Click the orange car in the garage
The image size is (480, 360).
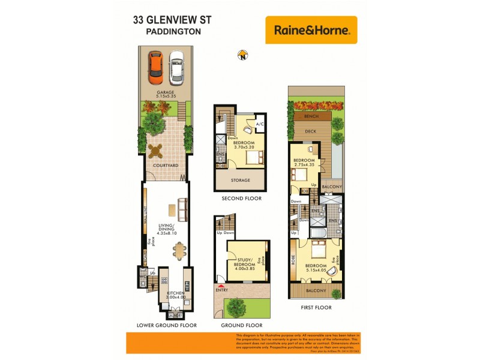click(x=156, y=68)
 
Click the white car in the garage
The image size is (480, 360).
click(x=176, y=68)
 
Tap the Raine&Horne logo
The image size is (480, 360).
click(x=311, y=29)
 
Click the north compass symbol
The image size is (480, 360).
click(x=242, y=56)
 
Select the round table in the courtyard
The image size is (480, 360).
click(x=157, y=149)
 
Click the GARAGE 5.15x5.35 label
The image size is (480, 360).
click(x=166, y=95)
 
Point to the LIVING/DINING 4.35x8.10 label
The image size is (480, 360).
click(x=166, y=228)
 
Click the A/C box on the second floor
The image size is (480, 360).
click(x=260, y=124)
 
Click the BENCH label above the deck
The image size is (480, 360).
click(x=311, y=116)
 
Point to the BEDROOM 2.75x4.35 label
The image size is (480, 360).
click(x=305, y=163)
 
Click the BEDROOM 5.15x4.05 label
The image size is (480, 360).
click(x=315, y=268)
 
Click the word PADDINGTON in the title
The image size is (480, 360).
click(x=173, y=32)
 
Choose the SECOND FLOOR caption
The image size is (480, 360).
click(x=241, y=198)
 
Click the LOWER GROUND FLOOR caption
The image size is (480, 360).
click(x=166, y=325)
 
